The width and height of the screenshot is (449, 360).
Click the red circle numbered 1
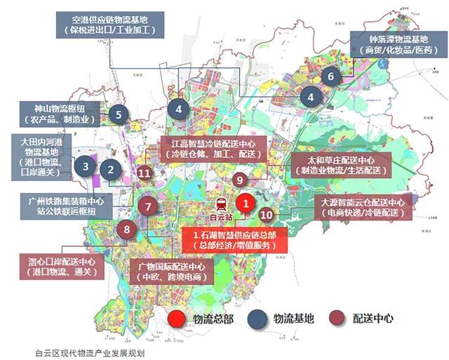point(244,203)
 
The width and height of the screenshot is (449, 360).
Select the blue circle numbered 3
point(85,166)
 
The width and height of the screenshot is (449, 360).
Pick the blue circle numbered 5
point(119,114)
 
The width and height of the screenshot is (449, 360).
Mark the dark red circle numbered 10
point(266,215)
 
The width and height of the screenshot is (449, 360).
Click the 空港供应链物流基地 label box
point(108,25)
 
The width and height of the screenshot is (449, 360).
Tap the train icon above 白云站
point(221,204)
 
